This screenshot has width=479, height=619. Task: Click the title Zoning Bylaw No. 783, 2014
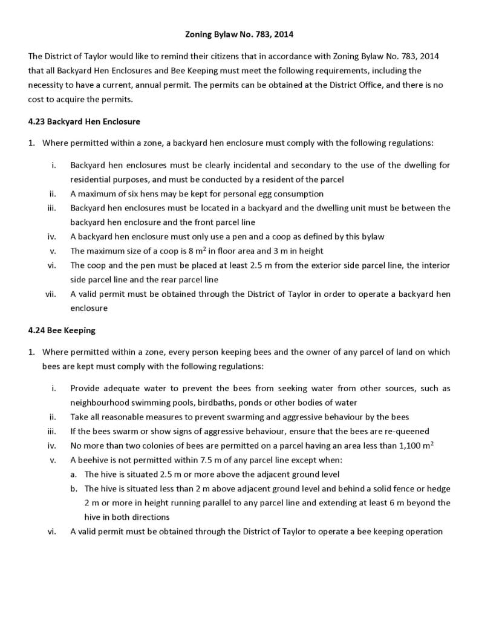coord(239,34)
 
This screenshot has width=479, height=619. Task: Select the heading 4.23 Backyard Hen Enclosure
coord(84,122)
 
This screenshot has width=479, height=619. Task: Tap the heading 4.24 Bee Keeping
coord(62,331)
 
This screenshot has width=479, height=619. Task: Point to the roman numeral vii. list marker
coord(51,294)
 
